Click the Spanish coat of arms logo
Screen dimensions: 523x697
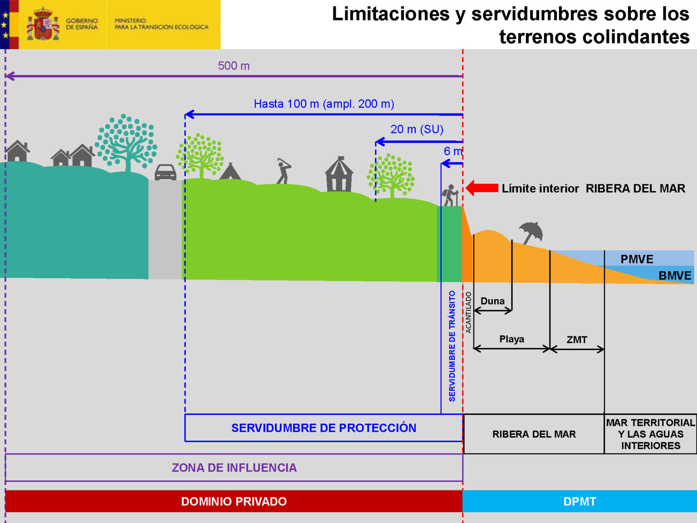(43, 24)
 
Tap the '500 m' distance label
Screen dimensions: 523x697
(234, 66)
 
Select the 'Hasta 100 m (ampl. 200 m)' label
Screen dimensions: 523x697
(324, 104)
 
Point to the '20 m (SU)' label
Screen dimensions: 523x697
(417, 129)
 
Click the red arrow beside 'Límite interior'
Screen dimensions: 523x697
(482, 188)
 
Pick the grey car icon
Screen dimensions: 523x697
(165, 172)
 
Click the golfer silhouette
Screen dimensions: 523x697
(283, 171)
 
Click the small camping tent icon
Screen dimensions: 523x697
(230, 172)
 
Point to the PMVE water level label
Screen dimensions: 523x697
(637, 259)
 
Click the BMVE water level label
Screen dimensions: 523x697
(675, 276)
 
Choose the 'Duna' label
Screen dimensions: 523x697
(492, 301)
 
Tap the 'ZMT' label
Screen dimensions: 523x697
(577, 340)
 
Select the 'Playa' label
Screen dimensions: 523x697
(511, 339)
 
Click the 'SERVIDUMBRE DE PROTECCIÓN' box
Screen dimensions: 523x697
(324, 428)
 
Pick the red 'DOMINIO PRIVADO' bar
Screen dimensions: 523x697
(234, 501)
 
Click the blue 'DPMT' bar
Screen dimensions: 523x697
(579, 501)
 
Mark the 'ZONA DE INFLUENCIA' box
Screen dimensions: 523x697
(234, 468)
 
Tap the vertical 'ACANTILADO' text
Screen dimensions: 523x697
(468, 312)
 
